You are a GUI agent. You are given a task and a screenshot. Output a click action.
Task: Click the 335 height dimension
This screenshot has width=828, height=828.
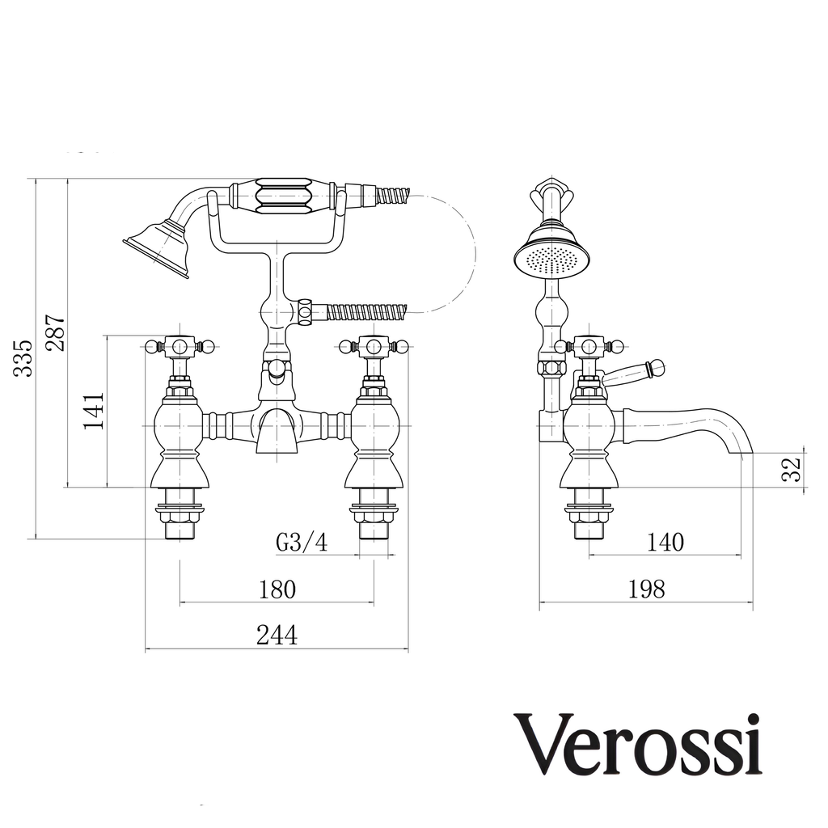(x=23, y=358)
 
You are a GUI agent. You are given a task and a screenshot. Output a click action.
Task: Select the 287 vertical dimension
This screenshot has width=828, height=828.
(x=56, y=332)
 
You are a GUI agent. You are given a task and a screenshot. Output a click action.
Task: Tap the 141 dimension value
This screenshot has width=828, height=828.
(x=94, y=412)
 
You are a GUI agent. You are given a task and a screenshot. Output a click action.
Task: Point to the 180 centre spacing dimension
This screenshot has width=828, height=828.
(x=277, y=589)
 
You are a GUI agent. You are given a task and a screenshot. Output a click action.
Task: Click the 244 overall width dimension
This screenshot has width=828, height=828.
(x=277, y=636)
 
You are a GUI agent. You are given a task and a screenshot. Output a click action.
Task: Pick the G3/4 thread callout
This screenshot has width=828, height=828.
(x=302, y=543)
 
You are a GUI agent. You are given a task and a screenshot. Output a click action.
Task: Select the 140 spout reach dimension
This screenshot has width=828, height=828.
(x=665, y=543)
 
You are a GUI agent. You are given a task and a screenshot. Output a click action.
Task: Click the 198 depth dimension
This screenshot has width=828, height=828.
(x=646, y=589)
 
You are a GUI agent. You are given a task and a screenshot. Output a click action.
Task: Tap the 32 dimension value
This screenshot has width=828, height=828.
(x=792, y=470)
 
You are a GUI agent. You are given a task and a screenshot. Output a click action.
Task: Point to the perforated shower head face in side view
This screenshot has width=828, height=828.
(x=551, y=259)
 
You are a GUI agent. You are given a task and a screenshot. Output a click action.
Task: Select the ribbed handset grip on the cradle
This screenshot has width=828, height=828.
(x=282, y=196)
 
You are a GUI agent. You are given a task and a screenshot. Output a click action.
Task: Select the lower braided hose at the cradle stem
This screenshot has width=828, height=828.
(x=366, y=311)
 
